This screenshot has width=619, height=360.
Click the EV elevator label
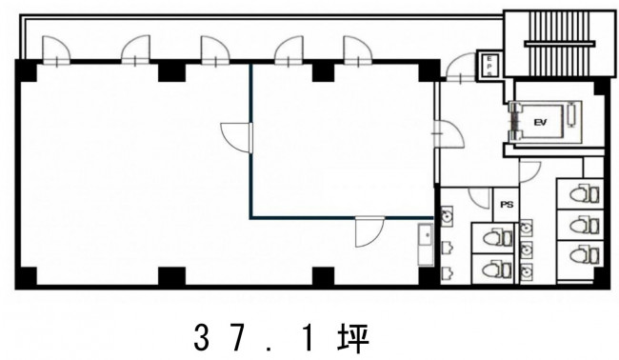[540, 123]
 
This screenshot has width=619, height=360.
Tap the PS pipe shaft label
[507, 205]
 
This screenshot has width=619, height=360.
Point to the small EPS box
[489, 65]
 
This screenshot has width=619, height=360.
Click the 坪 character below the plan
[353, 338]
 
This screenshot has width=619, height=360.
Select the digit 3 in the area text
[202, 338]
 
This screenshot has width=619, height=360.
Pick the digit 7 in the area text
[239, 338]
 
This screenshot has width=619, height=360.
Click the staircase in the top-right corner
[560, 44]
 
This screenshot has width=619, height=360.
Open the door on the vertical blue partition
[236, 137]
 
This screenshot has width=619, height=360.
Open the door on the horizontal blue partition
[369, 231]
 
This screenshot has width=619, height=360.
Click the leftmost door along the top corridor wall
[56, 50]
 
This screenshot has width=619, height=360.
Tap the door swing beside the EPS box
[460, 68]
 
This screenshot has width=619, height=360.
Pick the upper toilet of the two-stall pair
[497, 238]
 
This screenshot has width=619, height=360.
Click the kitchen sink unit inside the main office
[426, 245]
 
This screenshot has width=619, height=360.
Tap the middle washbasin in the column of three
[526, 250]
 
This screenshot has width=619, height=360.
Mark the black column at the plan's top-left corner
[26, 70]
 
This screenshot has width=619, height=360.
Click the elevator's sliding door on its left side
[514, 122]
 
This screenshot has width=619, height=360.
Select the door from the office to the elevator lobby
[449, 134]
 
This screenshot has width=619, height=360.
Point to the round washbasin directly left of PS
[447, 216]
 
